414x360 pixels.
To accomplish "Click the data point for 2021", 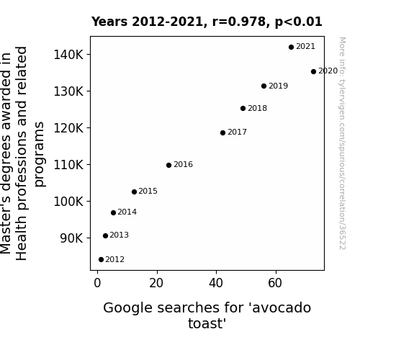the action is coord(291,48).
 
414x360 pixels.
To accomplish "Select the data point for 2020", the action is coord(313,71).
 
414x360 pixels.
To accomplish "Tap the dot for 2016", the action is coord(168,166).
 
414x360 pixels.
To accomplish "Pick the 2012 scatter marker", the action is coord(101,260).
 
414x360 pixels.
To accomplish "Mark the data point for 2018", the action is coord(243,108).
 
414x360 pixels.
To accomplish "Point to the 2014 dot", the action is coord(113,212).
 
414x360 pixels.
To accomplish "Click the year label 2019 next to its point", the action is coord(279,86).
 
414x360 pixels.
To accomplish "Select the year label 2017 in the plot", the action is coord(237,132).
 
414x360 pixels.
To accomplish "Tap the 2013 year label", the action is coord(119,235).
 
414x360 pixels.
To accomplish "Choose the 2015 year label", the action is coord(148,191).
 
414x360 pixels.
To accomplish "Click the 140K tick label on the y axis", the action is coord(68,55).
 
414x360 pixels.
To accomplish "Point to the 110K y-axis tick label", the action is coord(68,165).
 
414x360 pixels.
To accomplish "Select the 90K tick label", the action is coord(71,238).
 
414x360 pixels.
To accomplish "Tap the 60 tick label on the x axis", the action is coord(275,283).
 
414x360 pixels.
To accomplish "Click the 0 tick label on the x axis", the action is coord(97,283).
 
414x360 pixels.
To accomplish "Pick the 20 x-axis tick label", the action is coord(156,283).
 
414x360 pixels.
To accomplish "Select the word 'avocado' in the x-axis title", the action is coord(281,308).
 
